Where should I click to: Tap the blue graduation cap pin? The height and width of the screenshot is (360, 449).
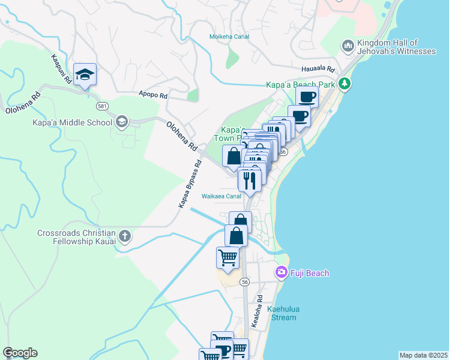[85, 75]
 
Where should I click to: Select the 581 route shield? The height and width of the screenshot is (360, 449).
[103, 106]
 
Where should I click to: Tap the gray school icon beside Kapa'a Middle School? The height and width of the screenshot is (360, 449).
[122, 122]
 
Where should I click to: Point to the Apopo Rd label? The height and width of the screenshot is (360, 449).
[152, 94]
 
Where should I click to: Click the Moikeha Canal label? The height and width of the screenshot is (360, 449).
[229, 37]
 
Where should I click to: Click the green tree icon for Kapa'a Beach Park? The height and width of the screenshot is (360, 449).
[345, 83]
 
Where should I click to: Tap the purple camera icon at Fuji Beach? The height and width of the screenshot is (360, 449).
[281, 272]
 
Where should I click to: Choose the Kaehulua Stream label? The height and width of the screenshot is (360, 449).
[283, 313]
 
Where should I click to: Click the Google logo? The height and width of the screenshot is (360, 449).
[20, 353]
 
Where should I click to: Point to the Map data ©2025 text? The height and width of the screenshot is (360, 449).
[423, 355]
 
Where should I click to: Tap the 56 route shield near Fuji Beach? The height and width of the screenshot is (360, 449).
[244, 281]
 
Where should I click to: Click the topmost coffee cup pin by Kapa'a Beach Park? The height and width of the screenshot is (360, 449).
[307, 97]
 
